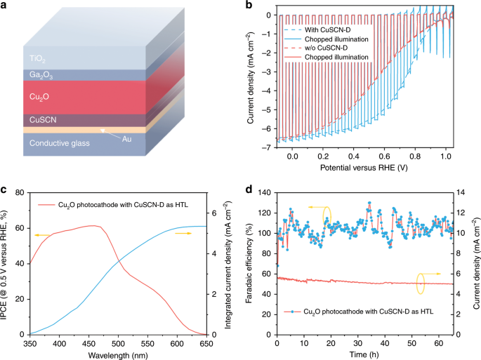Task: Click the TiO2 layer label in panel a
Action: click(37, 58)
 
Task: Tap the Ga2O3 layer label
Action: click(41, 75)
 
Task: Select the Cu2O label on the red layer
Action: click(39, 97)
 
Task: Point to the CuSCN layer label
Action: click(43, 119)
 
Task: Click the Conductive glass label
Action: click(60, 143)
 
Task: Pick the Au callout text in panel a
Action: click(126, 139)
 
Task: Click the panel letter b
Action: click(249, 5)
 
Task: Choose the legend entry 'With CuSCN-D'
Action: click(328, 30)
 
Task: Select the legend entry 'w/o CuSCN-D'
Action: click(326, 48)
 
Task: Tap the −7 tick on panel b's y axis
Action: click(268, 147)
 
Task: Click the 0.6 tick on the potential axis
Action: click(384, 156)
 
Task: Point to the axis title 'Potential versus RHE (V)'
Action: click(364, 168)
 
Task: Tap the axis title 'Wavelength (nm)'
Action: click(118, 356)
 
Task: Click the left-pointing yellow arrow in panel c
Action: click(42, 235)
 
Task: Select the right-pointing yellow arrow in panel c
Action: click(183, 234)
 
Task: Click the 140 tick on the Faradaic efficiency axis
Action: click(265, 192)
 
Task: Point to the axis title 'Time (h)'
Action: click(364, 355)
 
